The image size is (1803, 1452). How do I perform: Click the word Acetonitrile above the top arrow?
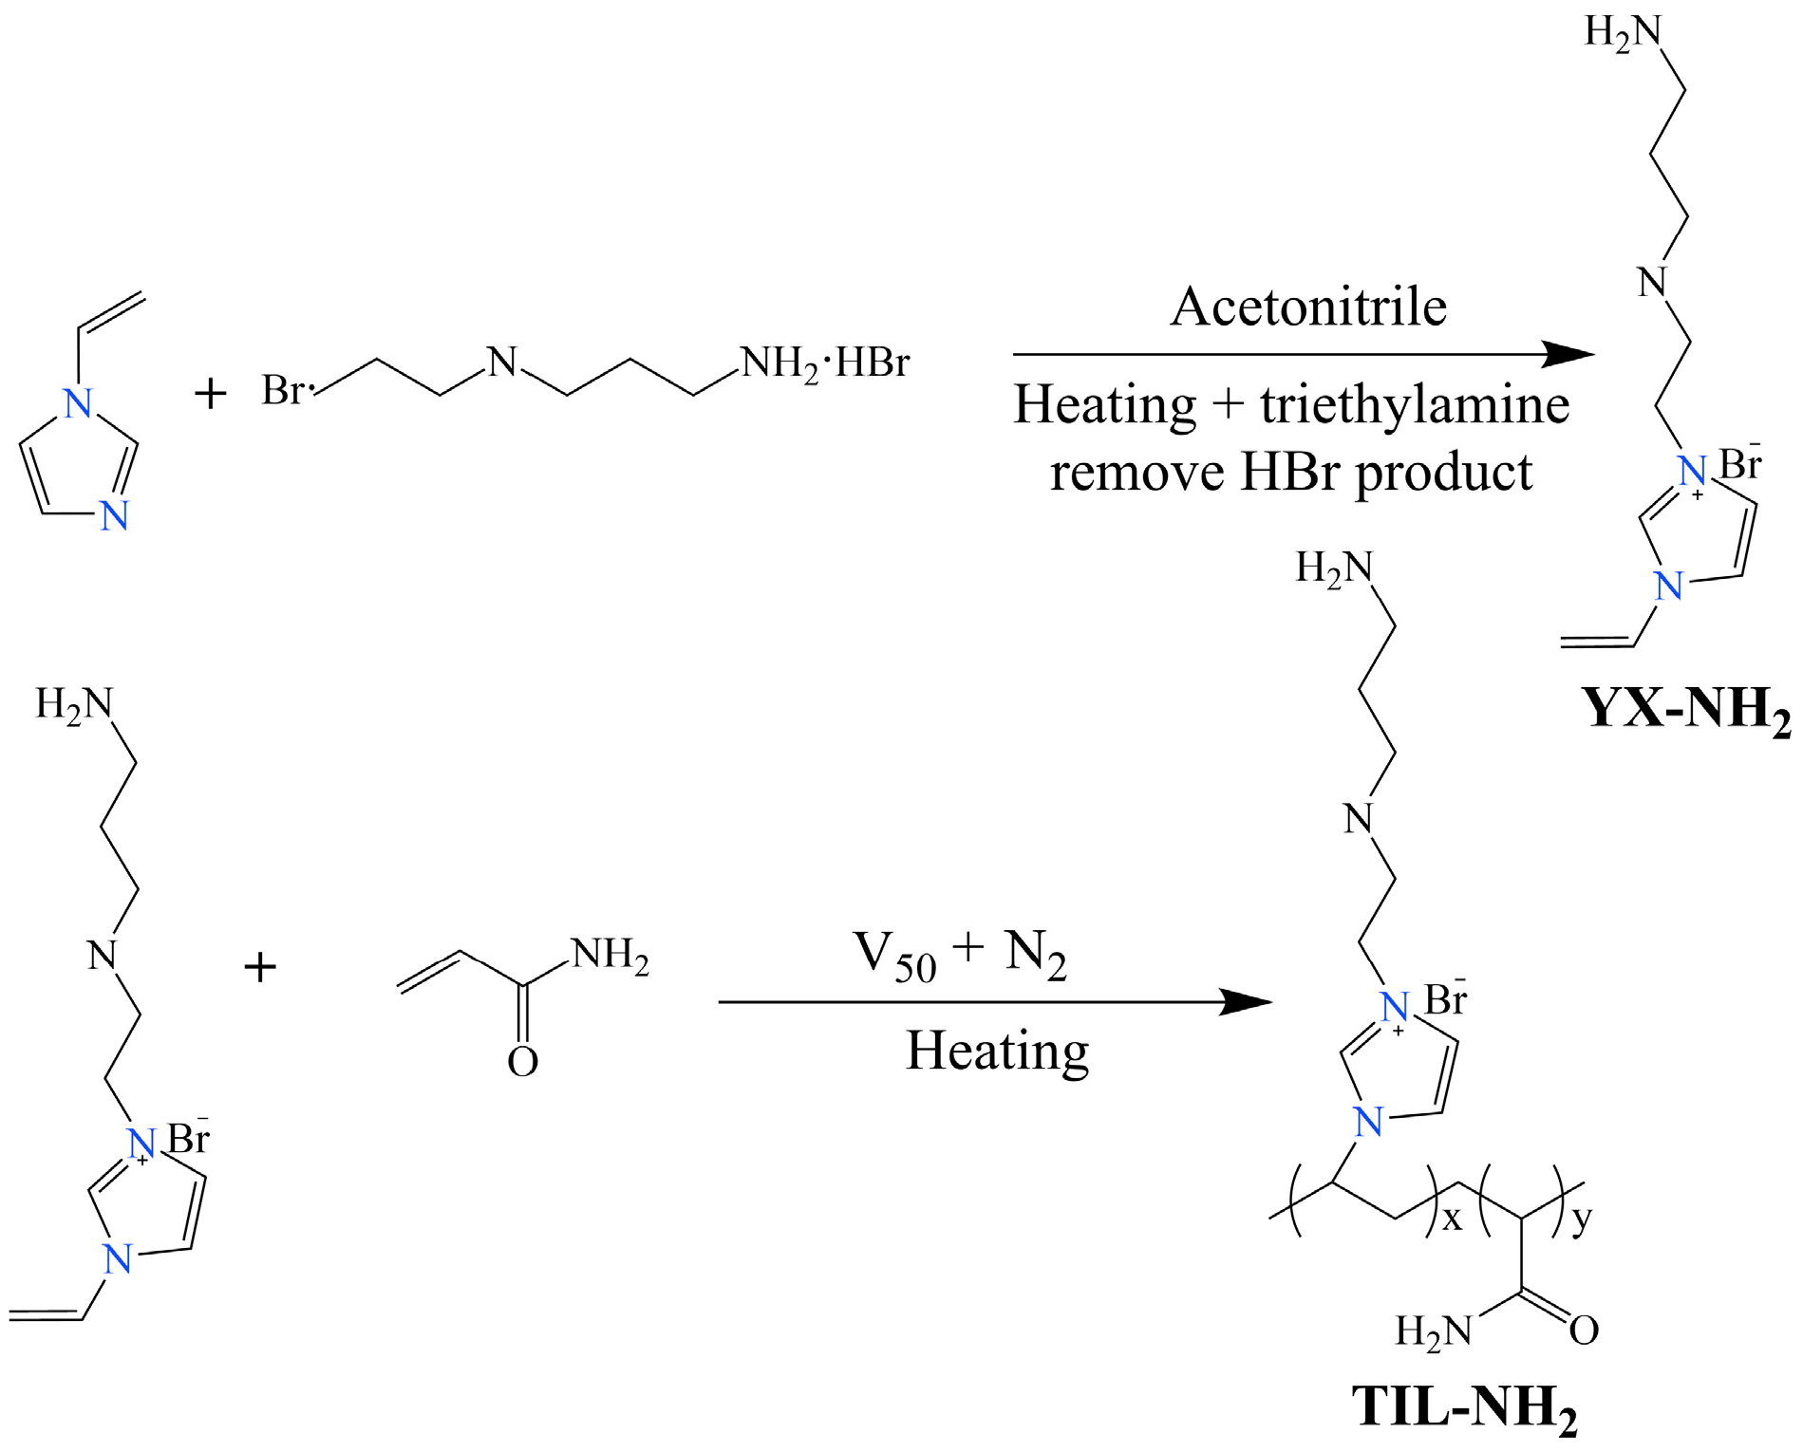(1307, 307)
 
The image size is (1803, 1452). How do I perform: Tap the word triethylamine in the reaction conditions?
(1415, 405)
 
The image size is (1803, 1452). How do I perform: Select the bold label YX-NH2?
(1686, 710)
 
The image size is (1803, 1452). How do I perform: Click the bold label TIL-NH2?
(1464, 1408)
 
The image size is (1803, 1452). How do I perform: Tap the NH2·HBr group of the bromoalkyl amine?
(824, 363)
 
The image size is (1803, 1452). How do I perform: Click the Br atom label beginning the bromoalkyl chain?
(284, 390)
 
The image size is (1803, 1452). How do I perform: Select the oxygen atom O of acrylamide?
(522, 1062)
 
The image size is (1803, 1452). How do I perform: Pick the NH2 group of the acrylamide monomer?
(610, 956)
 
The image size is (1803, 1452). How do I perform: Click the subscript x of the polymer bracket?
(1452, 1219)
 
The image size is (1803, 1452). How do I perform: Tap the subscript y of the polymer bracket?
(1581, 1218)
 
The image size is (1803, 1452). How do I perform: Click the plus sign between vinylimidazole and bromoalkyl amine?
(211, 393)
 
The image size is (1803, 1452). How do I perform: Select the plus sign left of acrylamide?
(260, 968)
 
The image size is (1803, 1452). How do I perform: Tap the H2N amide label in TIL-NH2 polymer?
(1433, 1331)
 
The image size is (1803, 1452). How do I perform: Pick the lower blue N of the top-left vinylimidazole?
(114, 516)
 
